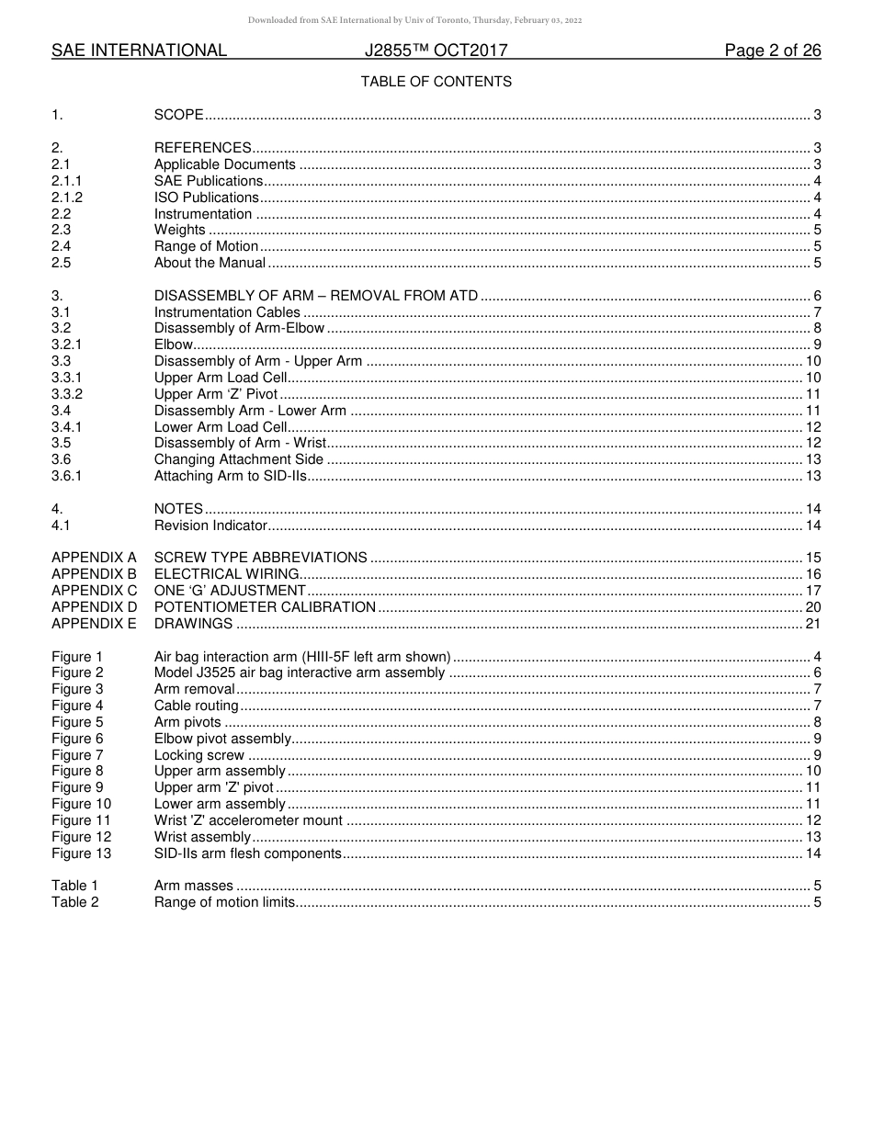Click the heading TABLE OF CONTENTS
tap(436, 82)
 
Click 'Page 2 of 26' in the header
tap(772, 51)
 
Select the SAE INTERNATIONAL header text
tap(139, 51)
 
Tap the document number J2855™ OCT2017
tap(436, 51)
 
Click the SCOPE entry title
tap(178, 115)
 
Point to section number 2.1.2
tap(67, 198)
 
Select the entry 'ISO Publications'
tap(207, 198)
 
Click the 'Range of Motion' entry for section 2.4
tap(207, 246)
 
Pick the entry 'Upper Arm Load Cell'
tap(221, 378)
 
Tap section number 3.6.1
tap(67, 476)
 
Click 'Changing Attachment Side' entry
tap(239, 459)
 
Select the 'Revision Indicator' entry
tap(210, 525)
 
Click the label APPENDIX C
tap(94, 591)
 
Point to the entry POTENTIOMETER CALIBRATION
tap(265, 607)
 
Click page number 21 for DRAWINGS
tap(812, 624)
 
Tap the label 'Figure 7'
tap(77, 755)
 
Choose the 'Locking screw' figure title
tap(199, 755)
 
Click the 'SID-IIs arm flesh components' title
tap(248, 853)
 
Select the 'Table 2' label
tap(75, 902)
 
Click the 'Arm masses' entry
tap(194, 887)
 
